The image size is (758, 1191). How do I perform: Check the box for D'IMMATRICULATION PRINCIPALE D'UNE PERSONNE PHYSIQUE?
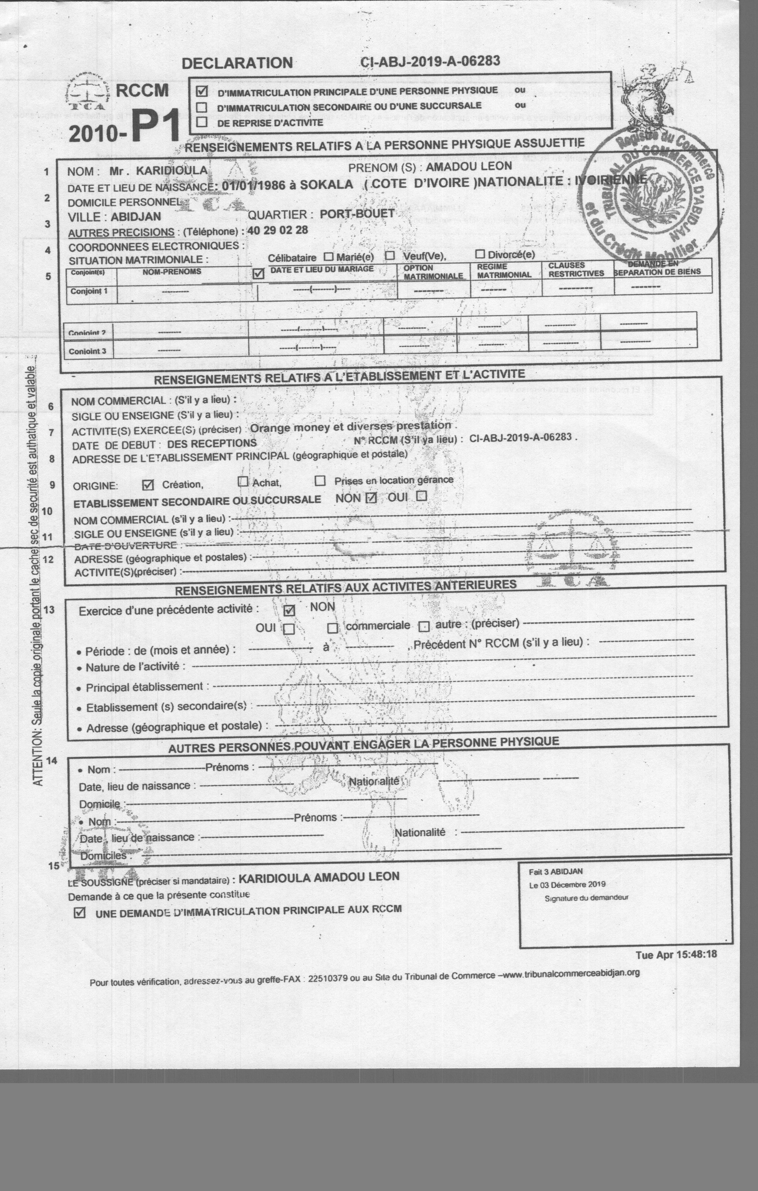coord(202,91)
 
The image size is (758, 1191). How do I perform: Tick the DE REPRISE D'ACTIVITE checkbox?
coord(201,122)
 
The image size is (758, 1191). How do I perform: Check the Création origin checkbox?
coord(147,485)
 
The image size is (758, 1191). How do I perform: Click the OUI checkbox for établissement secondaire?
coord(421,496)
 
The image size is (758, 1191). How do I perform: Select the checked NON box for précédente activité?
coord(289,610)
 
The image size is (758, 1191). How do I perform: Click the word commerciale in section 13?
coord(377,626)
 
